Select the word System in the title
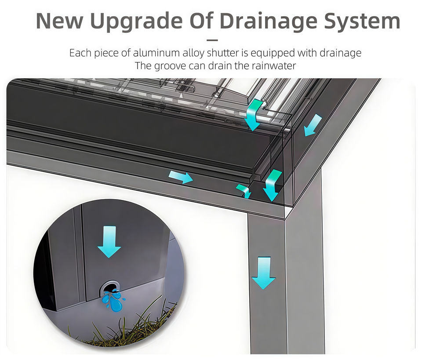click(x=362, y=21)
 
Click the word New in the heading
click(x=60, y=21)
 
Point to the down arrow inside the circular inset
click(x=109, y=242)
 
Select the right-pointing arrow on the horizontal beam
click(x=181, y=177)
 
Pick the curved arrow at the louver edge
click(x=254, y=114)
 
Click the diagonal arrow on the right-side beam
click(x=313, y=125)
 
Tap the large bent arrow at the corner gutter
click(x=273, y=185)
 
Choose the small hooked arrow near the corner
click(x=244, y=191)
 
